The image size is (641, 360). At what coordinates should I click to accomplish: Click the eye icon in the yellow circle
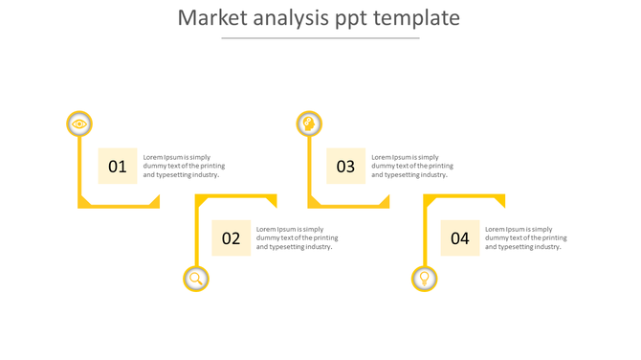[79, 124]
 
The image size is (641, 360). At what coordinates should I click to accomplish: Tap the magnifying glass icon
[196, 279]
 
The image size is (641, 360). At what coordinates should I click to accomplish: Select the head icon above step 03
[308, 124]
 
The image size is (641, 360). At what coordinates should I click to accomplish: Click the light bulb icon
[425, 279]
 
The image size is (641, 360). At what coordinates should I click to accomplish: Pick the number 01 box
[118, 166]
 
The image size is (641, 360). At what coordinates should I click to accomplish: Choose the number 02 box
[232, 238]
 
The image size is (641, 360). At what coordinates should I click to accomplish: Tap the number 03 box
[346, 166]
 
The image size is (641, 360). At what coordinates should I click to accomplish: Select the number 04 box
[460, 238]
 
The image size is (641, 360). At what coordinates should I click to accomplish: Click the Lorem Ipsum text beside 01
[184, 166]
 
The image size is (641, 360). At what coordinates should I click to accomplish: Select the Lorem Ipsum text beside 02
[297, 238]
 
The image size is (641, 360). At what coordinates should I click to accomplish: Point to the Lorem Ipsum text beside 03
[412, 166]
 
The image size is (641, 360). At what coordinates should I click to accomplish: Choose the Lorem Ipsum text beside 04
[525, 238]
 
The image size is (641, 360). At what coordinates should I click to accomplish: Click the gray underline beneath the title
[320, 38]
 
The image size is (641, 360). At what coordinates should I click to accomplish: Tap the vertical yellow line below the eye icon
[79, 168]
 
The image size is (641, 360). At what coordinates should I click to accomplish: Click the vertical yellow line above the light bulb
[425, 235]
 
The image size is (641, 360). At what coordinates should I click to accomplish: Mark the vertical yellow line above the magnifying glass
[196, 235]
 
